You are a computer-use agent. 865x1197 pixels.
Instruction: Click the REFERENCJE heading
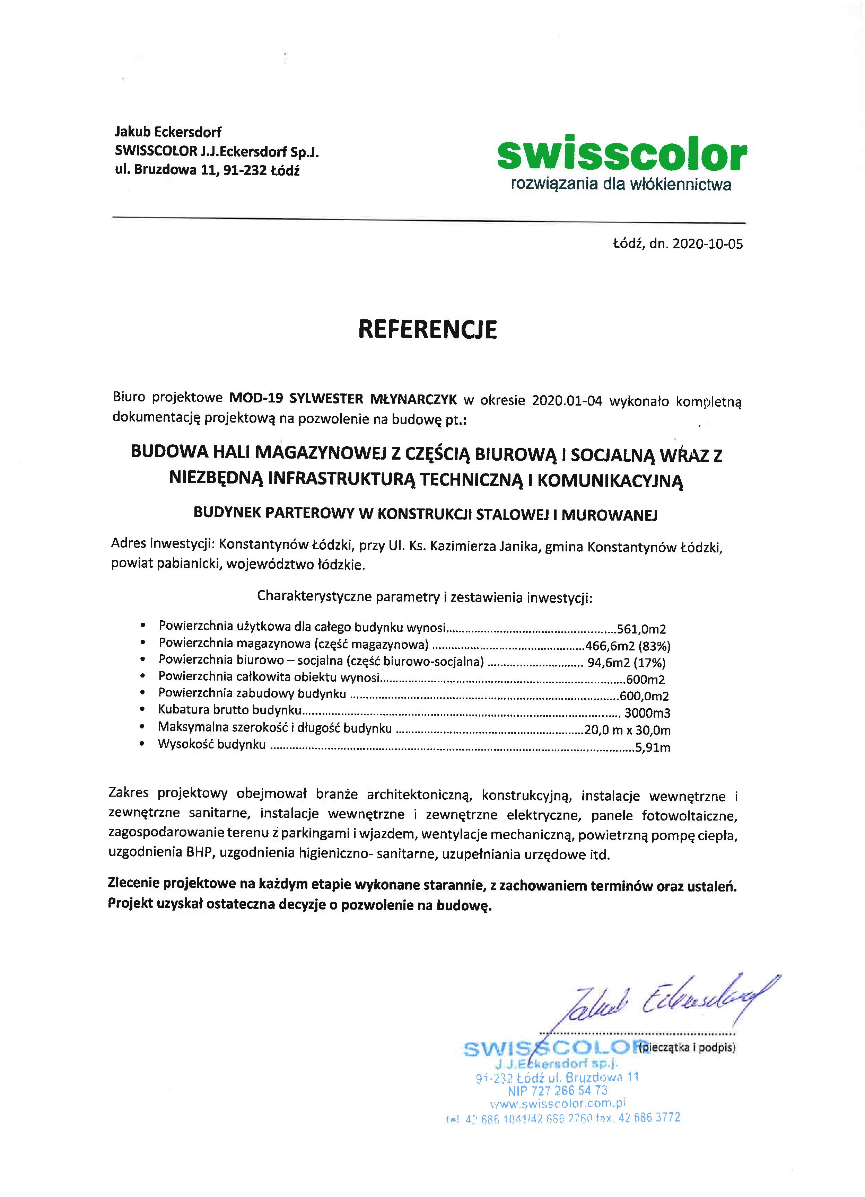[x=427, y=329]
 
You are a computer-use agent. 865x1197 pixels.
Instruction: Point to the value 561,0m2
[x=641, y=629]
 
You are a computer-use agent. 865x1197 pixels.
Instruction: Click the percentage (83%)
[x=654, y=646]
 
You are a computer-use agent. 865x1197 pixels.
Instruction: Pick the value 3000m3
[x=647, y=713]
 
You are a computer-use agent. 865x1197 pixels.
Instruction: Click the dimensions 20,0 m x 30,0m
[x=627, y=730]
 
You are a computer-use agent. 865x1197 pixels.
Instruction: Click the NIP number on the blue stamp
[x=558, y=1090]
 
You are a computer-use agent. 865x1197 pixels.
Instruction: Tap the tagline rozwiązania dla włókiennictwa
[x=620, y=185]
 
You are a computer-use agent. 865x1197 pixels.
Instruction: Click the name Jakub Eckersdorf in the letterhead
[x=168, y=132]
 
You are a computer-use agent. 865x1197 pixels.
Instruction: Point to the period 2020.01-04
[x=567, y=400]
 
